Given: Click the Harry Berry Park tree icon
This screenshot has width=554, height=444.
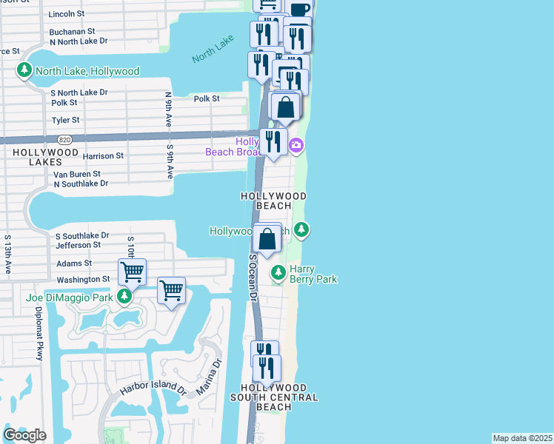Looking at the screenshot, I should [278, 273].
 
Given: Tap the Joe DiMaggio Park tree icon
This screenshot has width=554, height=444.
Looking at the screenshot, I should [124, 297].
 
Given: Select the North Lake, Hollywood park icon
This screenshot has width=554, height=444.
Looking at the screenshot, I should [24, 71].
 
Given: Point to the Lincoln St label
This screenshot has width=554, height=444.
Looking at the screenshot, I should [67, 14].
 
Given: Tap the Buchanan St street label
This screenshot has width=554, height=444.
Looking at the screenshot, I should [72, 32].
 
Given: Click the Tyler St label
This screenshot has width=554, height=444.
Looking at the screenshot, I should [65, 120].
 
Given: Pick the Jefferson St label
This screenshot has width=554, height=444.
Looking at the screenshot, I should [78, 245].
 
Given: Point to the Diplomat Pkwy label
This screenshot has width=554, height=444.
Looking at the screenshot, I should [38, 334].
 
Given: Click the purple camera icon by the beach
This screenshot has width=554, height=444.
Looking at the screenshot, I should [296, 144].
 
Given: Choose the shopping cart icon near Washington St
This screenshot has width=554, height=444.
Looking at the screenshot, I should [132, 272].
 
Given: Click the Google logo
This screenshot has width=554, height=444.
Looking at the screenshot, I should [24, 434].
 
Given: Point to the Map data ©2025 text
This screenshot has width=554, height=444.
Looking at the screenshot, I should [522, 438].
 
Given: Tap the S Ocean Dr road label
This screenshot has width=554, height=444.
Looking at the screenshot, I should [253, 277].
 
